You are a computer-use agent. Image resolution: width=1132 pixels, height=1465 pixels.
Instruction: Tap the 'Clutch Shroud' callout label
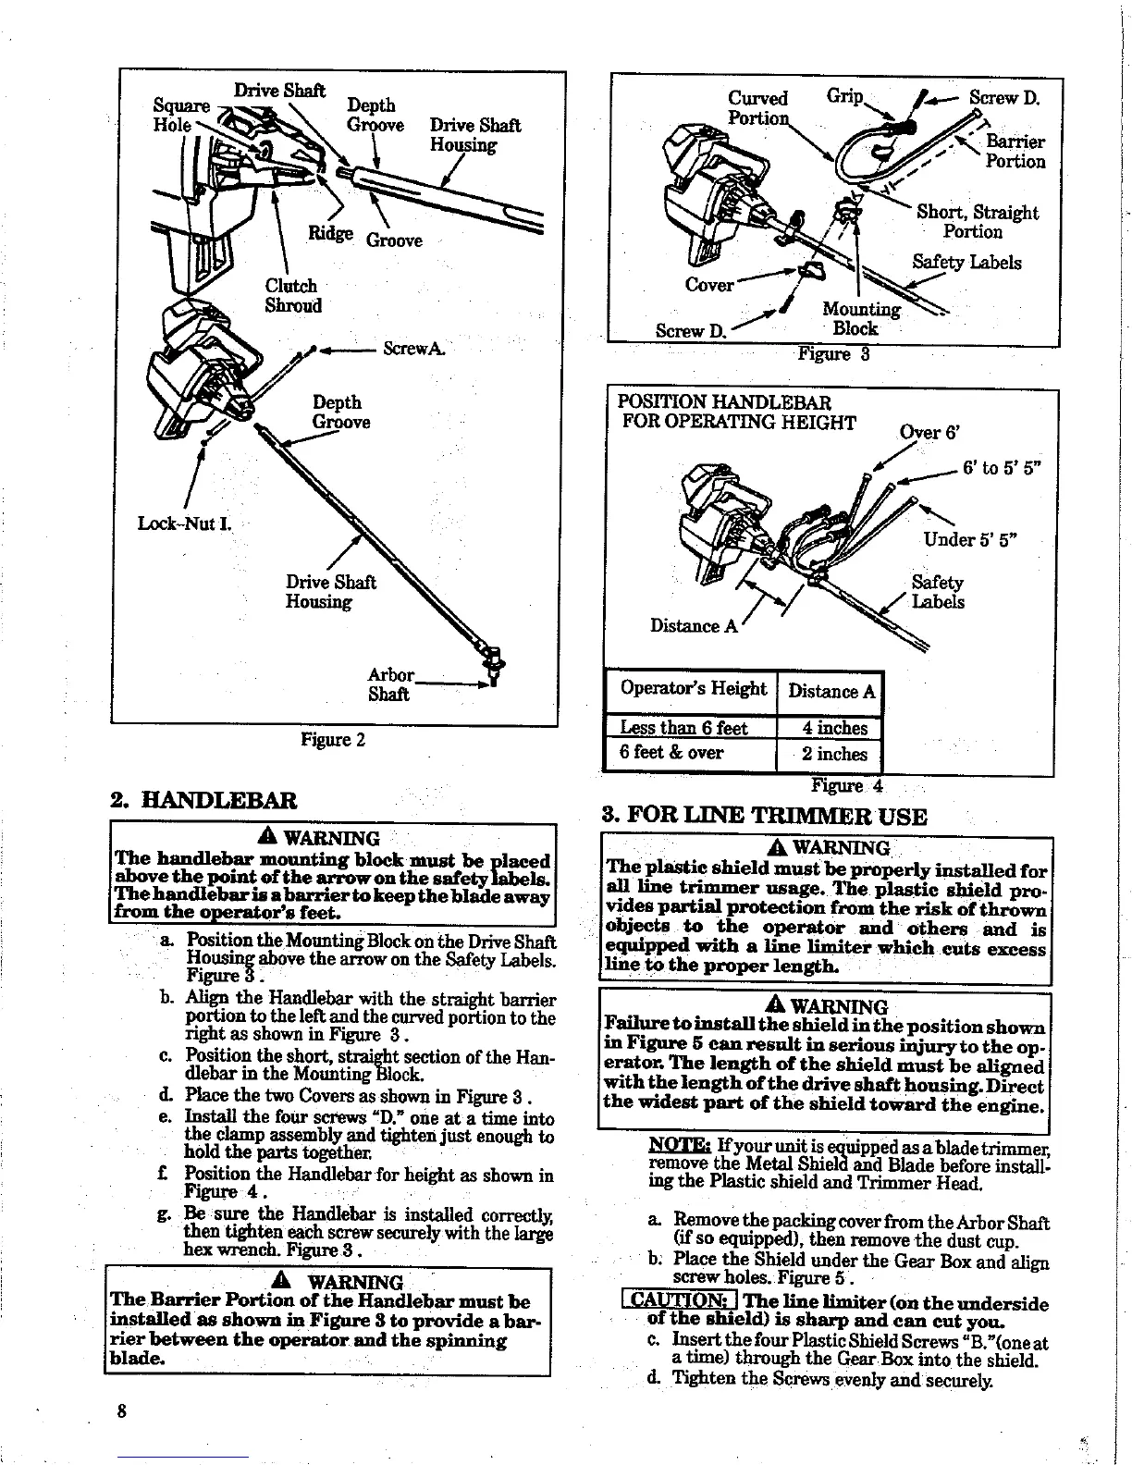point(292,296)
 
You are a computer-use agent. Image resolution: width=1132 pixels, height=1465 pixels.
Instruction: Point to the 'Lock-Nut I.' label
point(183,524)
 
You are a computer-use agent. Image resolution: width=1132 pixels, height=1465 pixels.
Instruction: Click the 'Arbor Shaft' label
point(389,684)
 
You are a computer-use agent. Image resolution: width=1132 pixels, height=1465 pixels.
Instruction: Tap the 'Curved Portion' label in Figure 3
point(758,108)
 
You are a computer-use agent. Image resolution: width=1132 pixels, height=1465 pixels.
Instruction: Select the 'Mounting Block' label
point(860,318)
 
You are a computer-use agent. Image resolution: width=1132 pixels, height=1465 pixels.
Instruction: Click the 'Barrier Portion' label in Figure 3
point(1015,152)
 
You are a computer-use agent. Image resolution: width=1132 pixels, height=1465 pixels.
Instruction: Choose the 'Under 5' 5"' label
point(965,540)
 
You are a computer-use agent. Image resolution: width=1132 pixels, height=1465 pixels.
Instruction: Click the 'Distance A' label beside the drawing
point(694,626)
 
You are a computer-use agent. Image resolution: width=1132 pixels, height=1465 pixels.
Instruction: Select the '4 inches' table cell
point(834,729)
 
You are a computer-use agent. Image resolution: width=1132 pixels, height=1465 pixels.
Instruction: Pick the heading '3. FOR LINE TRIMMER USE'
point(764,816)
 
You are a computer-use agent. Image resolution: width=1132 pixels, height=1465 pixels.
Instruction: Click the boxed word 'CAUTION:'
point(680,1303)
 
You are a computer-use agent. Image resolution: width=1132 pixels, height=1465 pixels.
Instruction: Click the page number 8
point(121,1412)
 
